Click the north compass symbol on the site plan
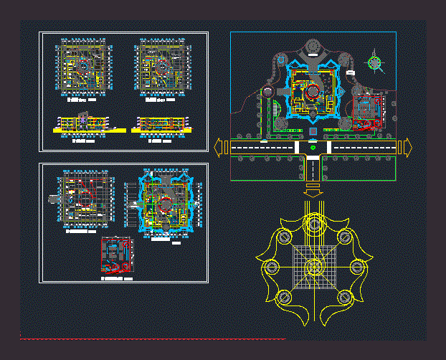374,62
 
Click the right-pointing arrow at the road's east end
407,147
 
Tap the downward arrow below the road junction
313,190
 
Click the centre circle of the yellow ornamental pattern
314,267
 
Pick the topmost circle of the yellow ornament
314,224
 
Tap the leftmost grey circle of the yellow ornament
272,267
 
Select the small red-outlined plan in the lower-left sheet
117,255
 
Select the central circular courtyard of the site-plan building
313,92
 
